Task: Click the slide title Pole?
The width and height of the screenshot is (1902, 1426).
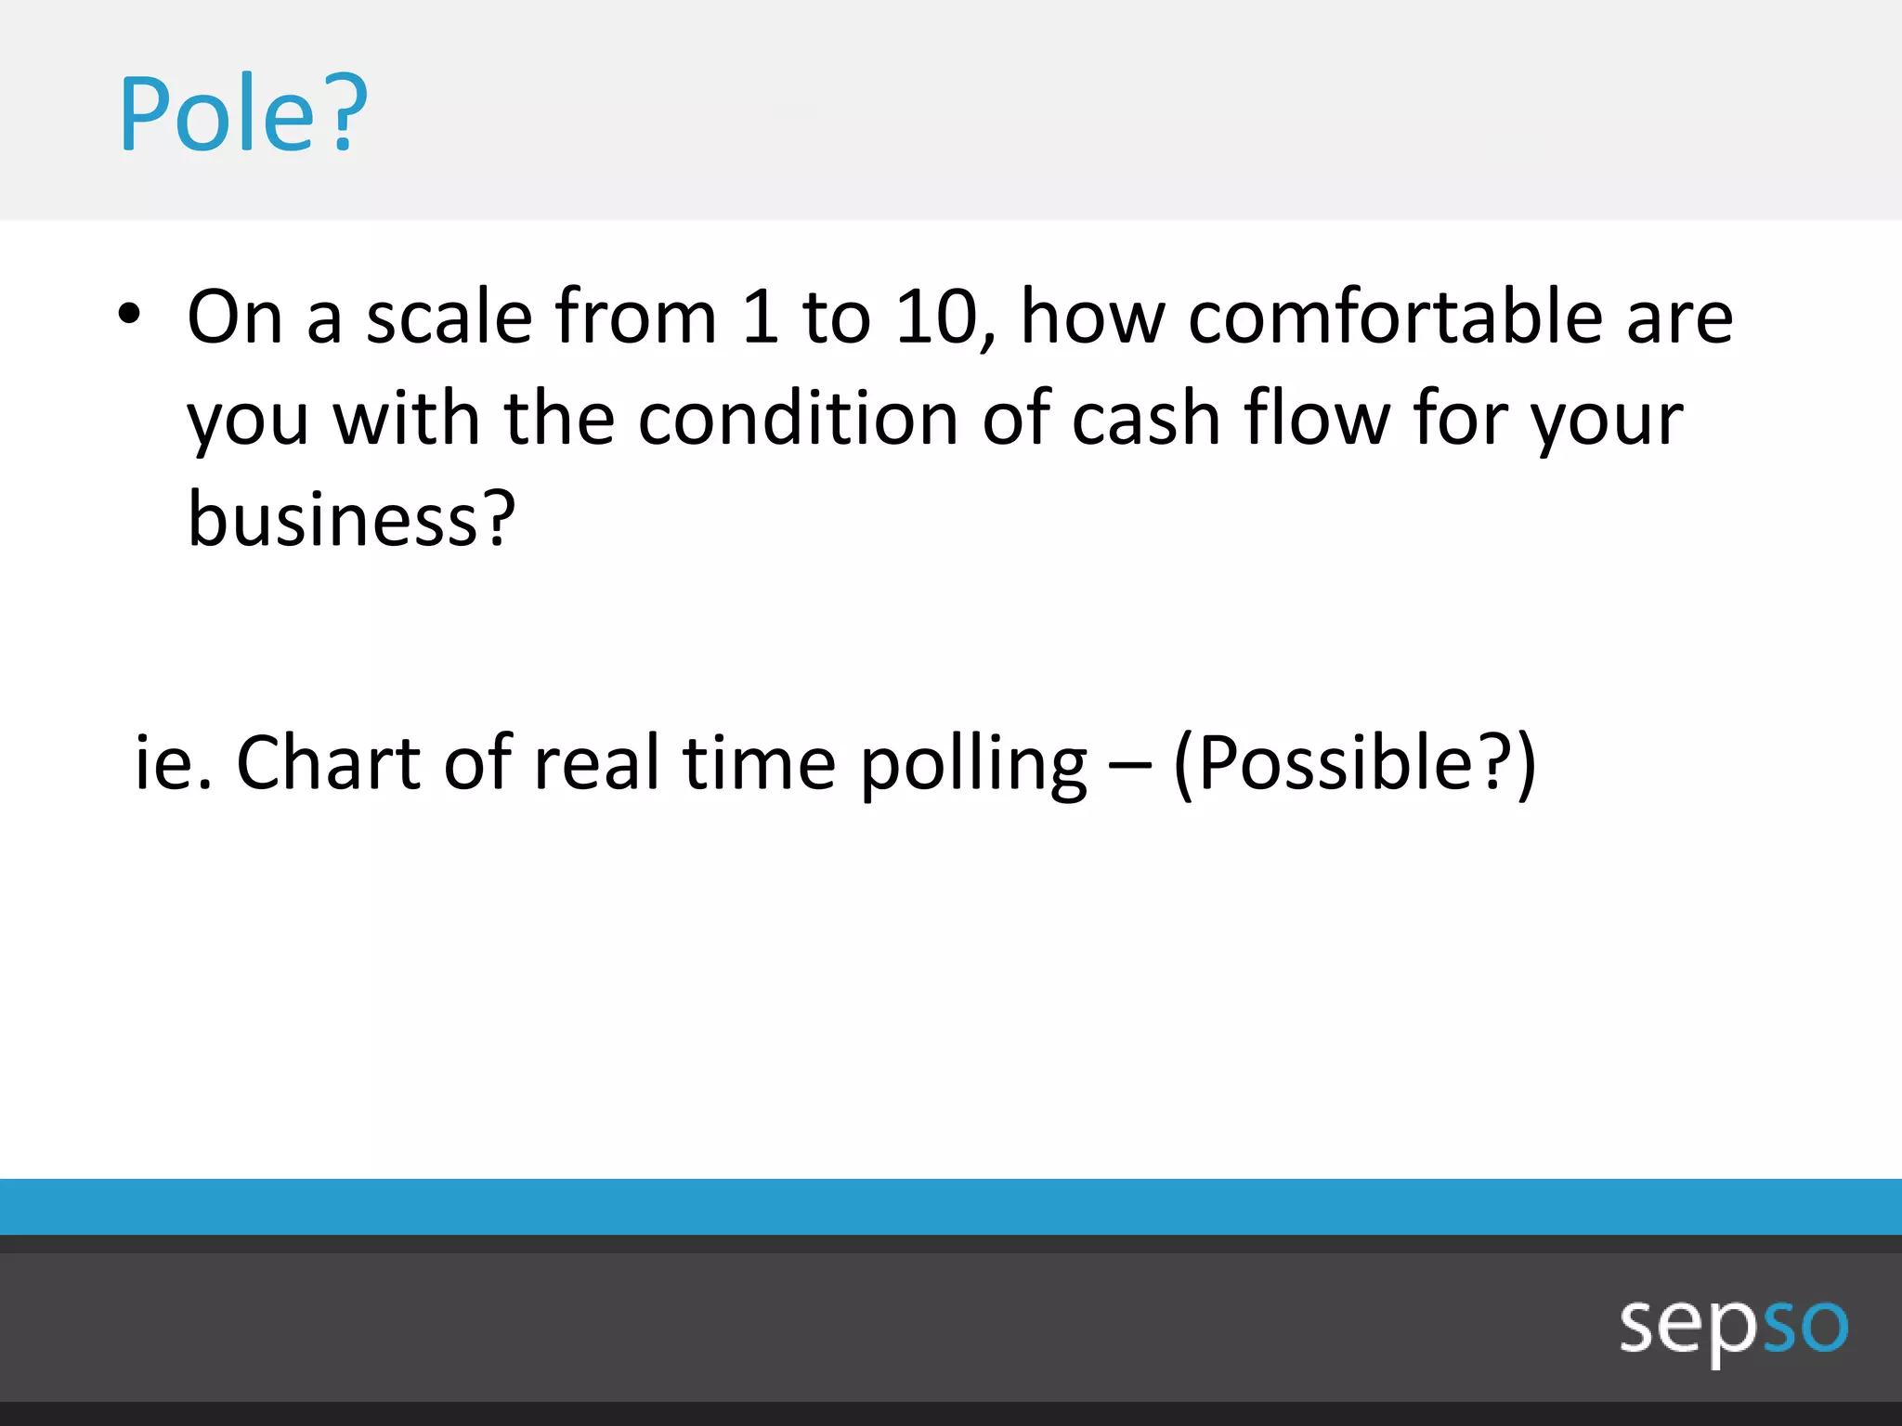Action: [x=243, y=114]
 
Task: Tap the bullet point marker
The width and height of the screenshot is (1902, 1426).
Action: [x=129, y=315]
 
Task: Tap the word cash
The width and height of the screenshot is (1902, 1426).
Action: [x=1146, y=419]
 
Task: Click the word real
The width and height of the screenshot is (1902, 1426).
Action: [x=597, y=763]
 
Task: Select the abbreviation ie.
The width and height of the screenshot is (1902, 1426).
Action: [x=173, y=763]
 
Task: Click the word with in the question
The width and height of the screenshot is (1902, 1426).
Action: [x=407, y=419]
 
